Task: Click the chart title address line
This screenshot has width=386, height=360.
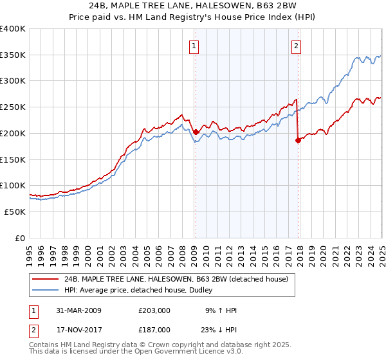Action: click(x=192, y=6)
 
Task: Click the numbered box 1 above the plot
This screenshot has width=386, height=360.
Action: click(x=194, y=46)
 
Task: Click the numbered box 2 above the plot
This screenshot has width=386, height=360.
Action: click(x=296, y=46)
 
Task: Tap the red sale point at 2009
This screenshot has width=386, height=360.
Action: click(x=196, y=132)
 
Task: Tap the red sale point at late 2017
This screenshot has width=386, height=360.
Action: click(x=298, y=141)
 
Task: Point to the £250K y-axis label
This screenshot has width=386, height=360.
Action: click(x=13, y=107)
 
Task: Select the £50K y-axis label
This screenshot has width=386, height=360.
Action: click(x=15, y=212)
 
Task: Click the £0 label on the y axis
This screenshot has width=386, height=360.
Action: click(x=21, y=238)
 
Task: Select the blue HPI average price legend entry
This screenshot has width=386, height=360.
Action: click(x=142, y=290)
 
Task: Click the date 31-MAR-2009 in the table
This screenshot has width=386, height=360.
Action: click(x=78, y=310)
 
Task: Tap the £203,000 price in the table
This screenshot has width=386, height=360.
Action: click(x=154, y=310)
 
